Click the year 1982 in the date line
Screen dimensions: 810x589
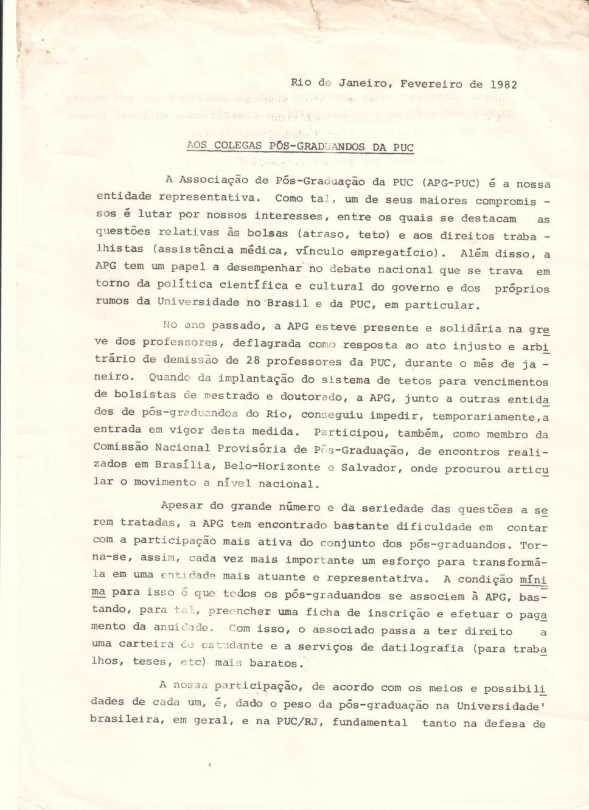[503, 85]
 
